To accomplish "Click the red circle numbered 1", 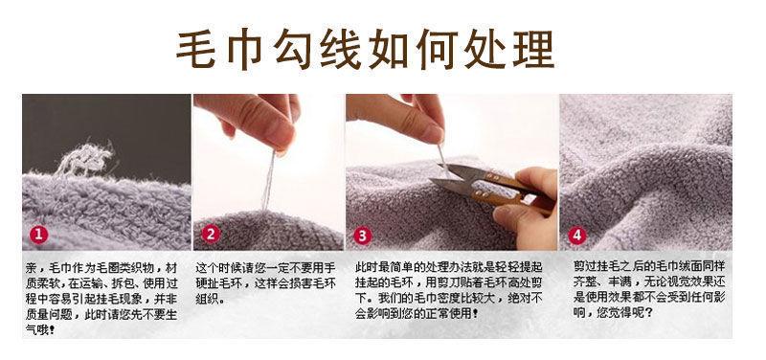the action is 38,235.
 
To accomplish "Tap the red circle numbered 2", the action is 210,235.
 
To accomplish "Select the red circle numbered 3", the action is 362,236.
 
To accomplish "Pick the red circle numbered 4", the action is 576,236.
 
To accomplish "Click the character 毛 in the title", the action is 195,50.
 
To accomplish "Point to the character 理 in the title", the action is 534,50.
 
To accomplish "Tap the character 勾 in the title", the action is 292,50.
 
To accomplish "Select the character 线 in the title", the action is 341,50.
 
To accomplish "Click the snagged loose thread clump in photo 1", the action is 86,159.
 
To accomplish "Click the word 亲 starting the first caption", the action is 32,268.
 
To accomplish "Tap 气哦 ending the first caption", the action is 38,330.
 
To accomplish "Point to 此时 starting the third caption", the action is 367,268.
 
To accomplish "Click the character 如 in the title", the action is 389,50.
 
